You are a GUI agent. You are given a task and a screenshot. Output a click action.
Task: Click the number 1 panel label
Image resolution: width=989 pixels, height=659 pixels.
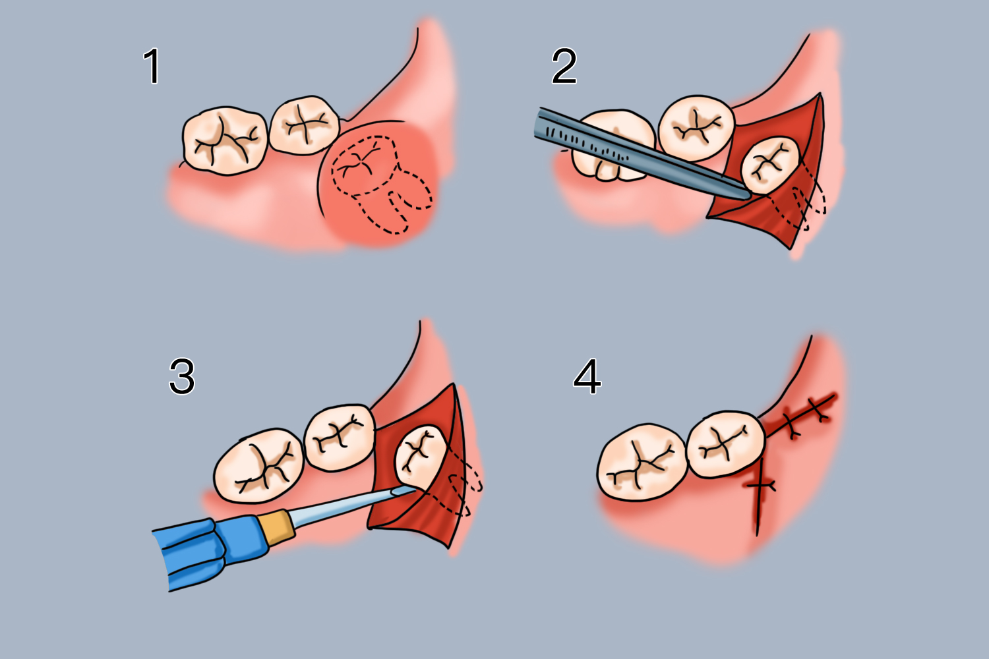[x=152, y=66]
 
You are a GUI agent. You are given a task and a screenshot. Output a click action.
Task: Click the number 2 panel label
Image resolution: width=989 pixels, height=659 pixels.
[x=564, y=66]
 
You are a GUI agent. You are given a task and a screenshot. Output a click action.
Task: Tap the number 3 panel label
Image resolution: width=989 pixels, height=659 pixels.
[x=182, y=376]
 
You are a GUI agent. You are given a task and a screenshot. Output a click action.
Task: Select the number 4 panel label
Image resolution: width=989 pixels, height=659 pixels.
[x=587, y=376]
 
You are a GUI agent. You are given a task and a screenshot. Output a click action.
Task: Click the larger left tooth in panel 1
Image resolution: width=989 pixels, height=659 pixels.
[x=225, y=140]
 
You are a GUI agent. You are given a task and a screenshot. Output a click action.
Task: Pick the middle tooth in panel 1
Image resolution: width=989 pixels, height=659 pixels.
[x=304, y=125]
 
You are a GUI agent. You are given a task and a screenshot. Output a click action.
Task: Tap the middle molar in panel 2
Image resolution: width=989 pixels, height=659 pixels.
[x=696, y=128]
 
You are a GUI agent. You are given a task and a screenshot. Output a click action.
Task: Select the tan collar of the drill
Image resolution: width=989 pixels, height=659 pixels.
[x=276, y=527]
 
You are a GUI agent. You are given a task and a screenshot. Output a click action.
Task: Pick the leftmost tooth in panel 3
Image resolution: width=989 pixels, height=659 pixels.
[x=258, y=466]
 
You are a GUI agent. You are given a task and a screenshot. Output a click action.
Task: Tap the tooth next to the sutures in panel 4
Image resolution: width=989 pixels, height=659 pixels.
[x=725, y=443]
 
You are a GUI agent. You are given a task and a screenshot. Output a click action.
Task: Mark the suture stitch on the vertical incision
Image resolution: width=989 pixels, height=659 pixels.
[x=760, y=486]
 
